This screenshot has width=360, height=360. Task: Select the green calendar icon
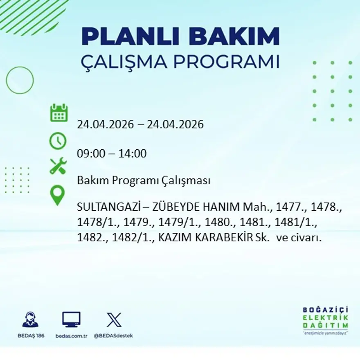pos(59,113)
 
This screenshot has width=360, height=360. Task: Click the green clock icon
pos(58,141)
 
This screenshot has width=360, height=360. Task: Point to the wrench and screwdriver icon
pos(58,166)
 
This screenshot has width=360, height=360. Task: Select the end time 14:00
pos(132,154)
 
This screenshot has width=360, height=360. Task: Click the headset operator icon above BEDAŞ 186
pos(30,319)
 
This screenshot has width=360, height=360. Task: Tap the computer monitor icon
pos(71,319)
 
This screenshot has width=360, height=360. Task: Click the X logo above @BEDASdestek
pos(114,319)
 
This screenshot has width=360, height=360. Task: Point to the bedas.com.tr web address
pos(71,335)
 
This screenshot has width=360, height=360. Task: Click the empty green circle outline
pos(20,80)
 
